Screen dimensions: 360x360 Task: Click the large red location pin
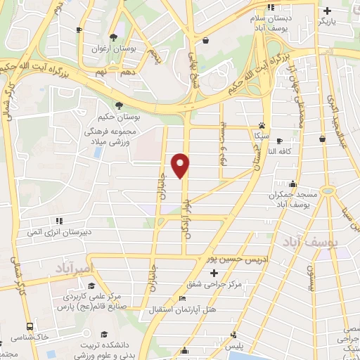coord(181,165)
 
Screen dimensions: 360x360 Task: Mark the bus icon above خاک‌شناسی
coord(30,326)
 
